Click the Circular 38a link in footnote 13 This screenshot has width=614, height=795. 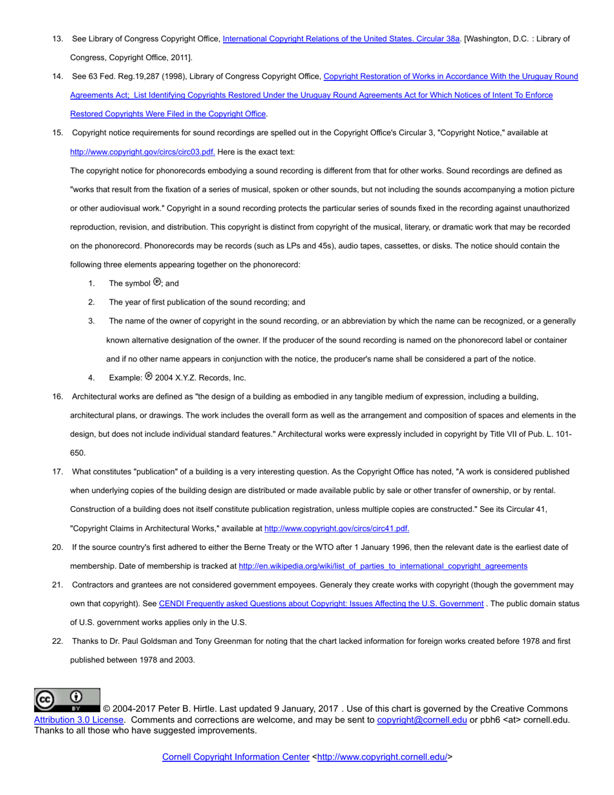coord(341,39)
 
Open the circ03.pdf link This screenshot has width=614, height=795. coord(143,152)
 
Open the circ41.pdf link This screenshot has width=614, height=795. coord(337,528)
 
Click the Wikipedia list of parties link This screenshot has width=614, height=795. coord(383,566)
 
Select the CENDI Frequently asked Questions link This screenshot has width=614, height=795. coord(321,603)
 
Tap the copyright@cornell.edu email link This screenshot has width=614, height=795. coord(421,719)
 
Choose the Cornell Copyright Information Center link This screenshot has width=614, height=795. coord(235,756)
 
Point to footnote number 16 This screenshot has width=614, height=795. coord(58,396)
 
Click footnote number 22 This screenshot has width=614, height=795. coord(58,641)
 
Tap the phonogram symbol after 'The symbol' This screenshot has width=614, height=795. coord(156,282)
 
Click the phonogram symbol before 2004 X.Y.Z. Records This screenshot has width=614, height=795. coord(149,376)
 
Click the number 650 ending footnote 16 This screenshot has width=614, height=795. coord(78,453)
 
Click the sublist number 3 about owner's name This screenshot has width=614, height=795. coord(92,321)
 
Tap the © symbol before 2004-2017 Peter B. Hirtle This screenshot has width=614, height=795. coord(107,709)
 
